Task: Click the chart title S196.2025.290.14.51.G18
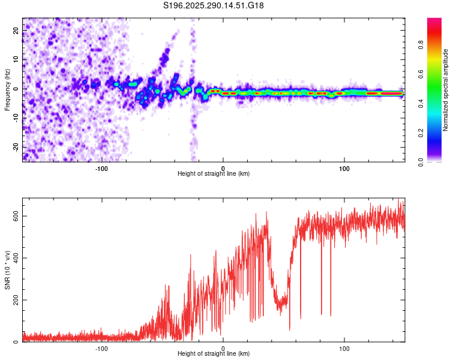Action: (x=214, y=6)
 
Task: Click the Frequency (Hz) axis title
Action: (x=7, y=90)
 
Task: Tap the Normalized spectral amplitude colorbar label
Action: (x=445, y=90)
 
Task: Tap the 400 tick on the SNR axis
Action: (x=16, y=258)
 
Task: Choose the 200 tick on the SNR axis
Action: (x=16, y=300)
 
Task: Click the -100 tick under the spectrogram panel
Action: (x=101, y=168)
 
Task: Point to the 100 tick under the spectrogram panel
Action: (x=344, y=168)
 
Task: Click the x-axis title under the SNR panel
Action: (x=214, y=354)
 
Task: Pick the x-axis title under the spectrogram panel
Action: (x=214, y=174)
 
